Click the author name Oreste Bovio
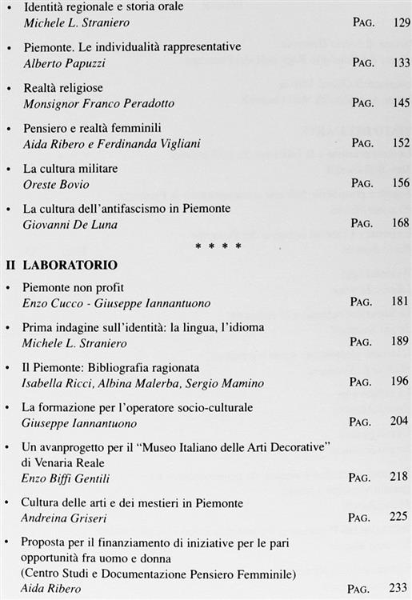point(50,183)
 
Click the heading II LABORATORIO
point(62,264)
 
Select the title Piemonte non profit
point(73,287)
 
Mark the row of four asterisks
point(218,246)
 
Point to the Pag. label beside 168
point(361,223)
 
